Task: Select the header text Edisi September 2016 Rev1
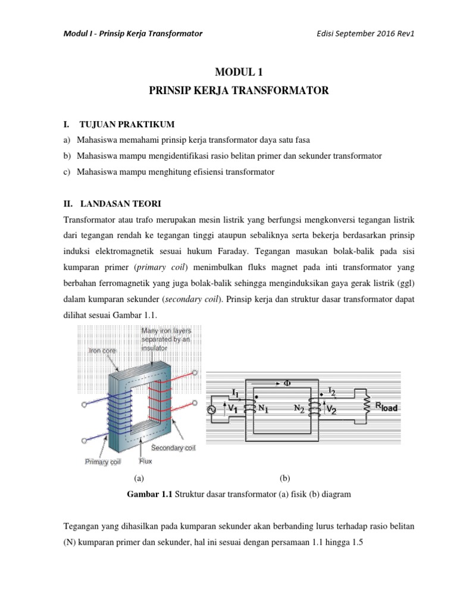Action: pos(365,33)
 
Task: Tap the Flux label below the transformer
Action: pos(146,460)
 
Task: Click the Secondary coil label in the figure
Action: pos(173,447)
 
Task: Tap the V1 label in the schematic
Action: pos(232,409)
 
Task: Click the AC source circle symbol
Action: pos(210,409)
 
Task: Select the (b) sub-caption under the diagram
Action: pos(284,477)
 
